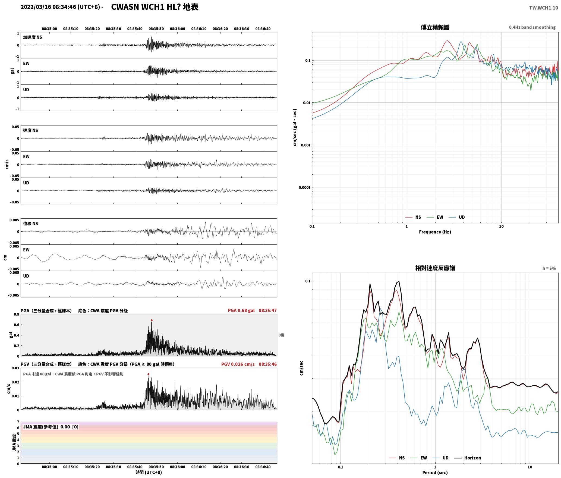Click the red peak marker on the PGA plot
click(x=152, y=320)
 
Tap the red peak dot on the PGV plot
click(x=148, y=374)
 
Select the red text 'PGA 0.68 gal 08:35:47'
click(x=252, y=310)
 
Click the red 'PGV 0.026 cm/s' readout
click(x=238, y=364)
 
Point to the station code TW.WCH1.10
click(x=543, y=8)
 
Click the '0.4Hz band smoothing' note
click(x=532, y=27)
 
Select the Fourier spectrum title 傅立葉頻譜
click(x=435, y=27)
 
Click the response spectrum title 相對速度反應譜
click(x=435, y=268)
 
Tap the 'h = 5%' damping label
click(x=549, y=268)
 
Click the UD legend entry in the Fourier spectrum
click(x=457, y=217)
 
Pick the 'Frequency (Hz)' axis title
click(x=435, y=232)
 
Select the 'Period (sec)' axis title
click(x=435, y=473)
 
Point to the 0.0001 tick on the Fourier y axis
click(x=304, y=187)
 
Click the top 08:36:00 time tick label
click(x=178, y=29)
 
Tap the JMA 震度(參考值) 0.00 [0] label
click(x=51, y=427)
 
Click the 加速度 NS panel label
click(x=33, y=37)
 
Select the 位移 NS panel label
click(x=30, y=224)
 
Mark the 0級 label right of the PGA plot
click(x=281, y=335)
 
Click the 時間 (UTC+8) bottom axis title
click(x=149, y=472)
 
